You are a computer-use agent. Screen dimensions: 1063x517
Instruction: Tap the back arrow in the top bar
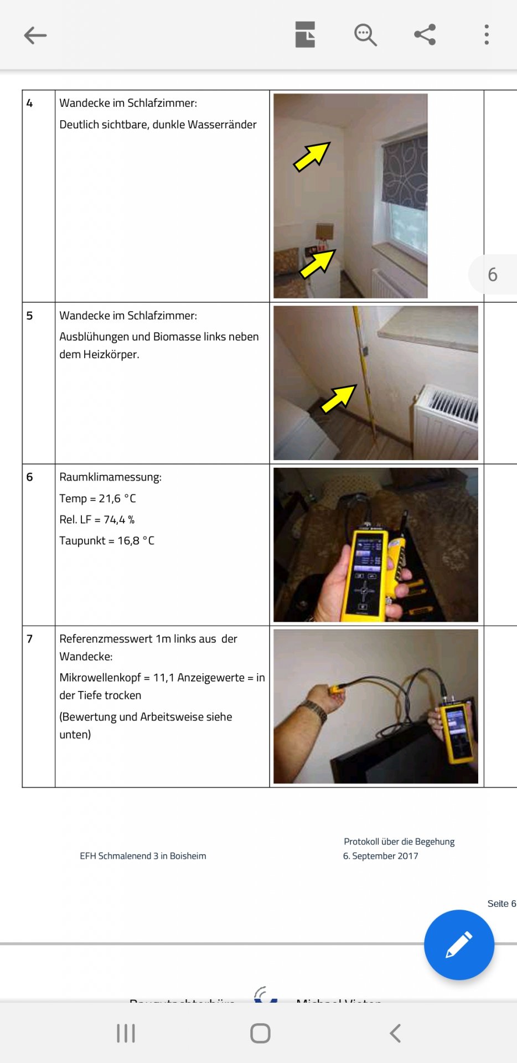35,35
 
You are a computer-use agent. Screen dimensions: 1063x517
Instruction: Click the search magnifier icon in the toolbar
365,35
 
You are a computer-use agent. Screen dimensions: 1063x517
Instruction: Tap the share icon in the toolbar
425,34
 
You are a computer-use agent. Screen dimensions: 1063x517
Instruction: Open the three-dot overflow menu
487,34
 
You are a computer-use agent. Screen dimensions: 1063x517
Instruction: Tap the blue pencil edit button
459,945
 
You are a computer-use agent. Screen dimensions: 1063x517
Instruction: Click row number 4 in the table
30,103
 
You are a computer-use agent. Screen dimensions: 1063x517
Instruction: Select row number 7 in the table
30,639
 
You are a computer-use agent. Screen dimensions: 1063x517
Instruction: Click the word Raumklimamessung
110,477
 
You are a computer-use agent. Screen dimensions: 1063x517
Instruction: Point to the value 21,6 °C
117,499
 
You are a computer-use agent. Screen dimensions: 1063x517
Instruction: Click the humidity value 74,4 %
119,520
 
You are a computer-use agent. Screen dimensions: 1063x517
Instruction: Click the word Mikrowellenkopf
100,678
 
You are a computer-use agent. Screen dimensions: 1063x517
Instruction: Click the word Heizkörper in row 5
111,354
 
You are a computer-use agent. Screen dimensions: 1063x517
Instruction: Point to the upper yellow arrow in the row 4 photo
312,156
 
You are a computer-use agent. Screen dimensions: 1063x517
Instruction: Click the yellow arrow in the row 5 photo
338,399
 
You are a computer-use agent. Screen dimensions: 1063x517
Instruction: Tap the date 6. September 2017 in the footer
380,856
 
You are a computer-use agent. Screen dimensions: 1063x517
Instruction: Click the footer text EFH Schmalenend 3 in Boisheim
143,856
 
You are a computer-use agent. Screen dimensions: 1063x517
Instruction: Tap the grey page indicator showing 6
492,275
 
